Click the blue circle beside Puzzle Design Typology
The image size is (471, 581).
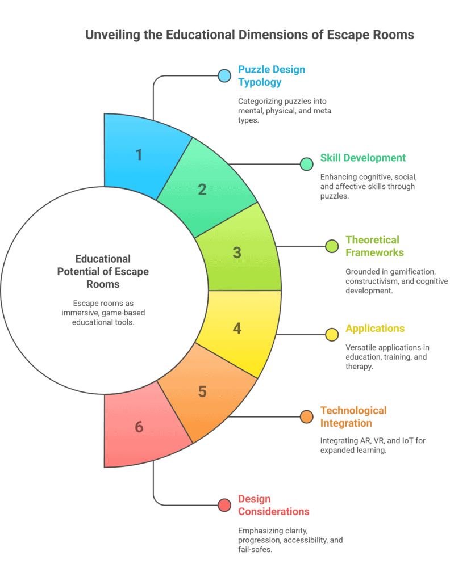point(224,75)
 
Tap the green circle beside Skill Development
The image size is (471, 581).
point(307,164)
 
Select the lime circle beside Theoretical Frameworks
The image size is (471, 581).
point(332,246)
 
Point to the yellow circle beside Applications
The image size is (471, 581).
point(332,335)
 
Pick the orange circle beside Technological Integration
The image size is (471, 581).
point(307,416)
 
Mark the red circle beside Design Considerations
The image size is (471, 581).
point(224,505)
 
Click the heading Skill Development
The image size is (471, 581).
point(362,158)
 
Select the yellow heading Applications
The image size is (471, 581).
point(375,329)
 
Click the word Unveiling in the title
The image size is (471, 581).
point(113,35)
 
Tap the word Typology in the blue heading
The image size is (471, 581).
point(260,82)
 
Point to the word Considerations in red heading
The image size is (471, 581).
point(273,512)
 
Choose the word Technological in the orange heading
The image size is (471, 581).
point(353,411)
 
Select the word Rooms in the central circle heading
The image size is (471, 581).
point(103,284)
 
